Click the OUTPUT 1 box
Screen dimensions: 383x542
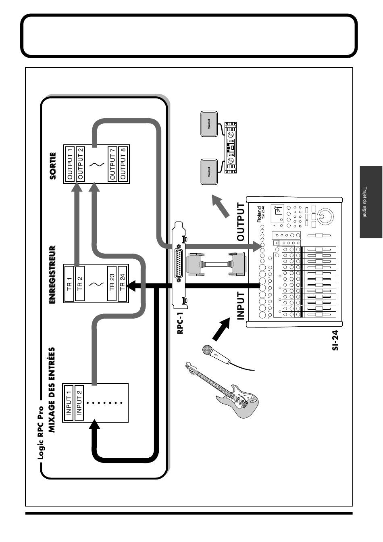click(x=70, y=164)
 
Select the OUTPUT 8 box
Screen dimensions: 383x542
click(x=123, y=164)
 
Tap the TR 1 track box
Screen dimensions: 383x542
click(x=69, y=284)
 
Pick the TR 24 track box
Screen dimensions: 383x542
click(x=123, y=284)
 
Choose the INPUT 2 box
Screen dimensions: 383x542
click(x=79, y=402)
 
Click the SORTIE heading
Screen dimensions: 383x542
click(x=53, y=166)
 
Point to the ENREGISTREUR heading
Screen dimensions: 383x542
click(x=52, y=275)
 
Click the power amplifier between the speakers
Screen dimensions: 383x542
click(x=231, y=147)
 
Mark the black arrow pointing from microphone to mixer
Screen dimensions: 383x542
click(x=221, y=329)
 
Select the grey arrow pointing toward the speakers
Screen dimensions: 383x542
click(x=221, y=206)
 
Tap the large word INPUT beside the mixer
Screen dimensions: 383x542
click(x=241, y=306)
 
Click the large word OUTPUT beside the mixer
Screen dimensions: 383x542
click(x=241, y=222)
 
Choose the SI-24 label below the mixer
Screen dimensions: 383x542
click(x=335, y=340)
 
